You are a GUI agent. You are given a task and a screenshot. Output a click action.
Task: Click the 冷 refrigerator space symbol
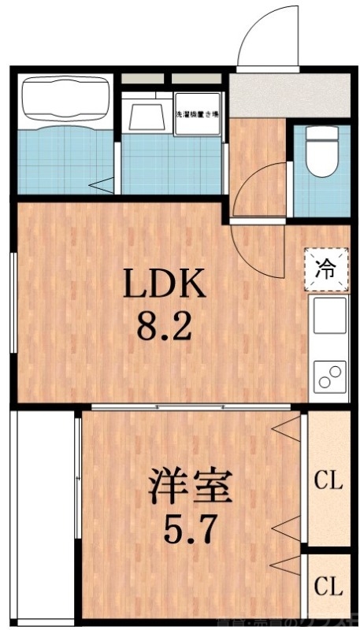pos(326,269)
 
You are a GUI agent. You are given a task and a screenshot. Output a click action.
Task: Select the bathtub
pos(65,98)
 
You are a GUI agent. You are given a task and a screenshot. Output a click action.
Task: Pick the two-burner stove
pos(328,376)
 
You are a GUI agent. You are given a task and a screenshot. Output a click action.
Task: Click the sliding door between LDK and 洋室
pos(193,406)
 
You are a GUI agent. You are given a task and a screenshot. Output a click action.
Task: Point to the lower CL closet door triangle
pos(290,562)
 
